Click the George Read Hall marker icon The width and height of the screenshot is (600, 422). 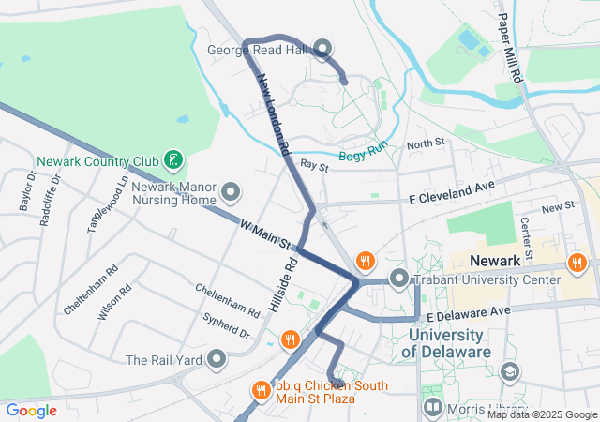(x=322, y=48)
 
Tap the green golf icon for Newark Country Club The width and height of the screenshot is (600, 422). (x=172, y=160)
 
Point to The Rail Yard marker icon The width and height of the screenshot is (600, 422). (x=217, y=359)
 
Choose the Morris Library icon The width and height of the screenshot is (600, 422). (x=432, y=408)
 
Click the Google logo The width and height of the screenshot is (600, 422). (x=31, y=410)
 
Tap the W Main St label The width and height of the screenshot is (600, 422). (x=263, y=234)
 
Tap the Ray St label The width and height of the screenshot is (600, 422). (x=314, y=166)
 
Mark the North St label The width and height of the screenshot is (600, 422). (x=425, y=143)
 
